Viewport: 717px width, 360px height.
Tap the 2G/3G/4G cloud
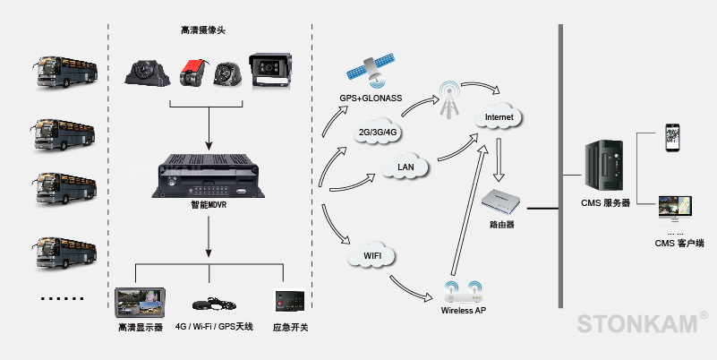pyautogui.click(x=378, y=133)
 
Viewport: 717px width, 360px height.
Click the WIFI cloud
pyautogui.click(x=371, y=257)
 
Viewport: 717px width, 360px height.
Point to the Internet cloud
pyautogui.click(x=498, y=117)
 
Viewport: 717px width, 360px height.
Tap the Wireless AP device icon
pyautogui.click(x=464, y=291)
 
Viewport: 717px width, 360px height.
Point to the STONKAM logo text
pyautogui.click(x=636, y=323)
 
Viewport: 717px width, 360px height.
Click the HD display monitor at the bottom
pyautogui.click(x=140, y=303)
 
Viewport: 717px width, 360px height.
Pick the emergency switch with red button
pyautogui.click(x=289, y=303)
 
